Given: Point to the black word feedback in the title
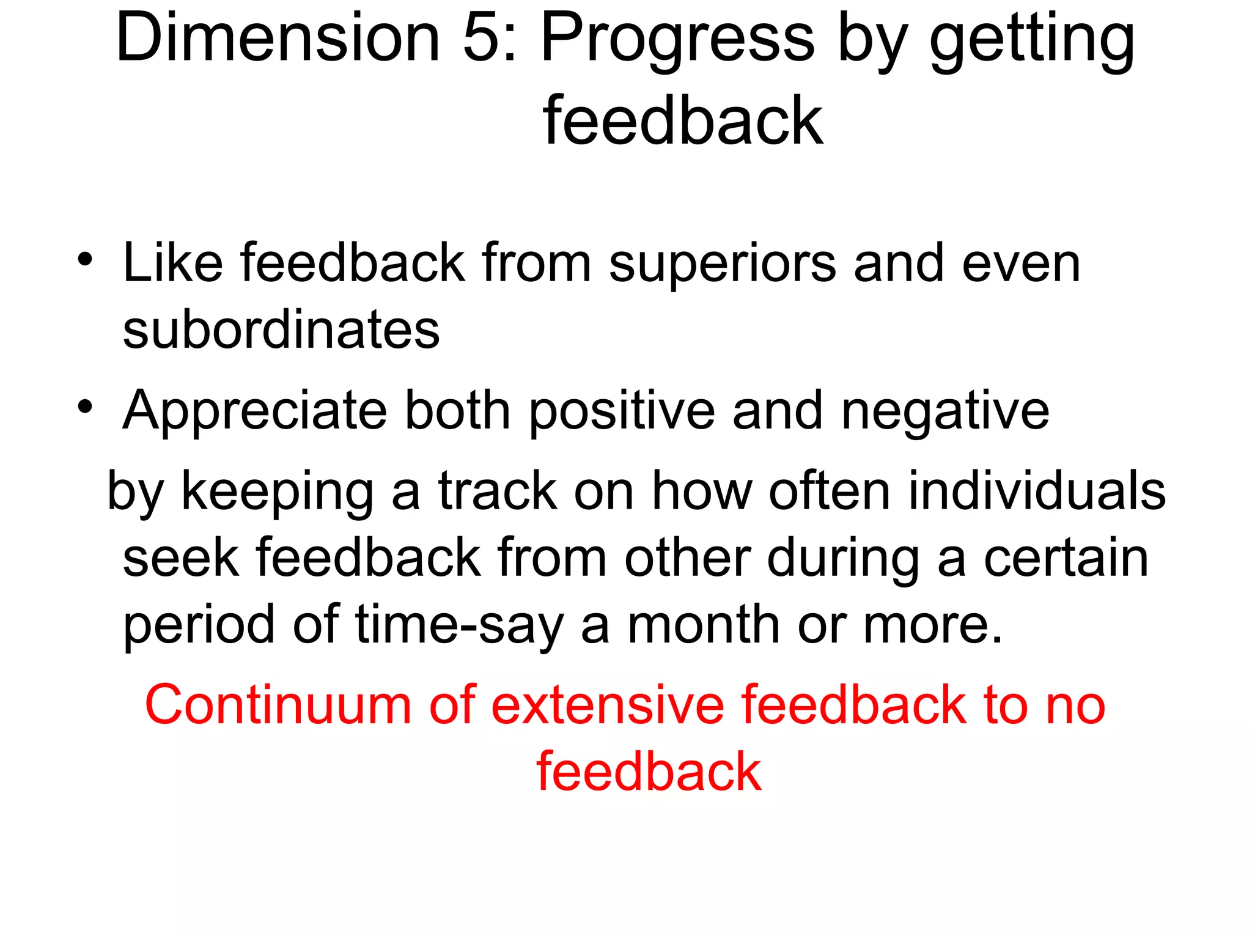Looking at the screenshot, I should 683,120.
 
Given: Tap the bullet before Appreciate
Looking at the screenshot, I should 85,406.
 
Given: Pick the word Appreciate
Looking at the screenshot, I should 255,411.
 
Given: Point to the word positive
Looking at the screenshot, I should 621,411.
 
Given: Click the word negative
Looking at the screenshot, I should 945,411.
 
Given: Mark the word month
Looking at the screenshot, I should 704,624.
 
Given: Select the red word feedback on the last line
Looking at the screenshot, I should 649,771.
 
